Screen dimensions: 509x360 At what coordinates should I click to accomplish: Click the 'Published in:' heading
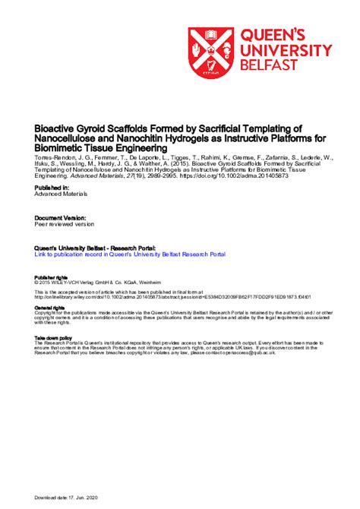[x=52, y=187]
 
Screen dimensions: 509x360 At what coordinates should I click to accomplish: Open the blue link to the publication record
[x=127, y=255]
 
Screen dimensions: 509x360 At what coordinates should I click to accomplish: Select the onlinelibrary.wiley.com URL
[x=137, y=298]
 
